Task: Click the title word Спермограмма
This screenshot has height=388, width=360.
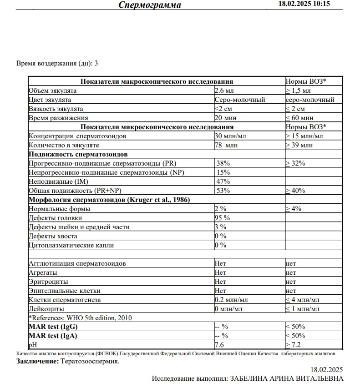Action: pyautogui.click(x=150, y=5)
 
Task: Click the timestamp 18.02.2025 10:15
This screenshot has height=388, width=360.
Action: pyautogui.click(x=304, y=4)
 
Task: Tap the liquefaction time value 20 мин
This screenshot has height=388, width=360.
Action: pyautogui.click(x=225, y=118)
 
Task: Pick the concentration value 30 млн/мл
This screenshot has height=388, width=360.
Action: pyautogui.click(x=231, y=136)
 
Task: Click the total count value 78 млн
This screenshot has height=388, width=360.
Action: pyautogui.click(x=226, y=145)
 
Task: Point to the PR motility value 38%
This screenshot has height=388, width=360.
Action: pyautogui.click(x=223, y=163)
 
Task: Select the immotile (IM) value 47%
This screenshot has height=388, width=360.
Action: pyautogui.click(x=223, y=181)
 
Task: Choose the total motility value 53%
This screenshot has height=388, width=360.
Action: pyautogui.click(x=223, y=191)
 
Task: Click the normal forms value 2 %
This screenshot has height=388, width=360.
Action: pyautogui.click(x=221, y=209)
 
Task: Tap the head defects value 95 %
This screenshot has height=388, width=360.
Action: pyautogui.click(x=222, y=218)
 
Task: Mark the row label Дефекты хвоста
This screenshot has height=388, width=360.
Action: pyautogui.click(x=53, y=236)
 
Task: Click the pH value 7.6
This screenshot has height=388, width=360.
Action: pyautogui.click(x=219, y=345)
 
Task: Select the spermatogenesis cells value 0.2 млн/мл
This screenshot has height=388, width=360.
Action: pyautogui.click(x=231, y=300)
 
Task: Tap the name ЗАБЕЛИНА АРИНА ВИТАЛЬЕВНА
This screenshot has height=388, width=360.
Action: pyautogui.click(x=287, y=378)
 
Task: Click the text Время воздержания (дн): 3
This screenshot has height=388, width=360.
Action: pyautogui.click(x=57, y=63)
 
